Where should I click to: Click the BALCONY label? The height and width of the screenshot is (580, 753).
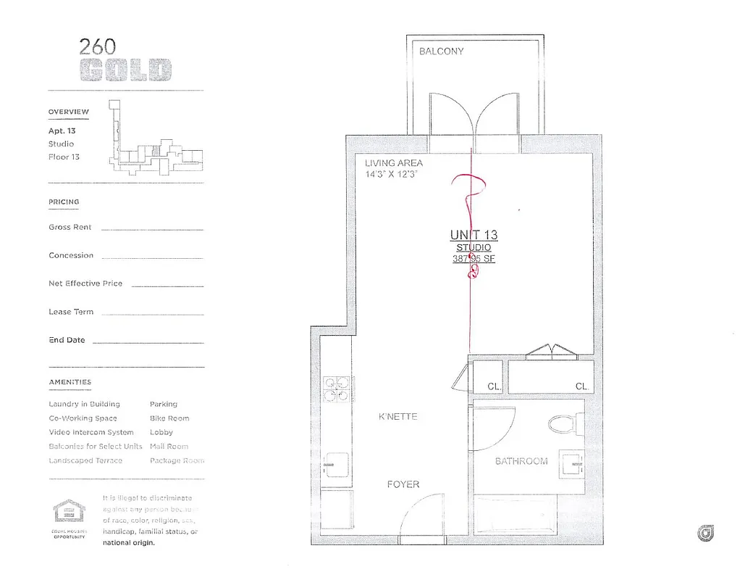(x=441, y=51)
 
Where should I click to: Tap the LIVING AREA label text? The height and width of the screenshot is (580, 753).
(x=393, y=163)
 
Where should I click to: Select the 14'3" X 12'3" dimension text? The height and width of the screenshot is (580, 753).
(x=392, y=175)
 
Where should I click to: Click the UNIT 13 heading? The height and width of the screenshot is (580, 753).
(x=474, y=235)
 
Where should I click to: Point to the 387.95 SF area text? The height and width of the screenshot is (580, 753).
(x=474, y=259)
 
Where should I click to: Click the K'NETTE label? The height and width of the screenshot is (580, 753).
(x=397, y=417)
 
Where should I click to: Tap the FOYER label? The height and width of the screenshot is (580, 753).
(x=403, y=484)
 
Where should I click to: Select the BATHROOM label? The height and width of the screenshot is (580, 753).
(x=521, y=461)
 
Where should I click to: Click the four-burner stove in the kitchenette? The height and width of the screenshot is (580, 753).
(x=336, y=389)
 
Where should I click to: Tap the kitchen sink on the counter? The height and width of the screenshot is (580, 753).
(x=337, y=463)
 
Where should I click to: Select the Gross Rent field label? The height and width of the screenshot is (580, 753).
(x=70, y=227)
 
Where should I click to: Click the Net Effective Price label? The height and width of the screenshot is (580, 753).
(x=85, y=283)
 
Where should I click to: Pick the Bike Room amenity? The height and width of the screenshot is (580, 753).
(x=169, y=418)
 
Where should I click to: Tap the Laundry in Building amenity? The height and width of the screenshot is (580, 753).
(x=84, y=404)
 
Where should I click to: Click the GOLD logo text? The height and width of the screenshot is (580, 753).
(x=126, y=70)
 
